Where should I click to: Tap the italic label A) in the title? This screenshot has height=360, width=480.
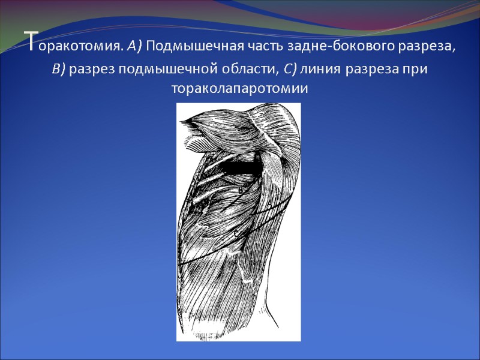(x=136, y=46)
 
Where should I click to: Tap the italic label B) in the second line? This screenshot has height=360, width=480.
(x=59, y=69)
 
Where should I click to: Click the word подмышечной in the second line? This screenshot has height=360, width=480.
(x=158, y=70)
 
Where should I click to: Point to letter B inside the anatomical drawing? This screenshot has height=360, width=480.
(x=240, y=190)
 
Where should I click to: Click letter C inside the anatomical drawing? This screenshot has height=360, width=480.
(x=236, y=232)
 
